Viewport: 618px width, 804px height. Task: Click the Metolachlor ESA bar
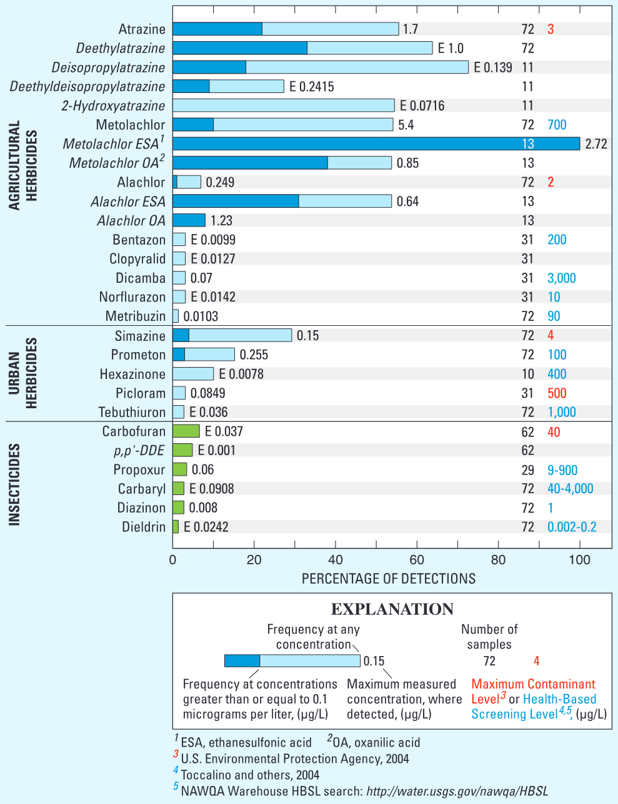[376, 144]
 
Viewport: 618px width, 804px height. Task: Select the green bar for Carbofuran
[186, 431]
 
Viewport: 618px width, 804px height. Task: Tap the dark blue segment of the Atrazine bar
[217, 29]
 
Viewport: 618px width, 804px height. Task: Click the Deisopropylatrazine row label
[108, 67]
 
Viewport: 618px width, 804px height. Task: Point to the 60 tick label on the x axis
[417, 560]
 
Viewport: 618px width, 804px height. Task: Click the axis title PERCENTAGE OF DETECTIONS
[389, 579]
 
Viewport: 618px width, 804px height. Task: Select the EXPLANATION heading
[392, 609]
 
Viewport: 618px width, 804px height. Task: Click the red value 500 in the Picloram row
[557, 393]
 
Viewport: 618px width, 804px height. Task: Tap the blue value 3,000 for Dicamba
[562, 278]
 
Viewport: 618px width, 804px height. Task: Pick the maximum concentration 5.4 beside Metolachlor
[406, 125]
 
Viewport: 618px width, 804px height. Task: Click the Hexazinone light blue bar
[193, 374]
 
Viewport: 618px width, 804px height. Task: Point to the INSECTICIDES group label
[14, 484]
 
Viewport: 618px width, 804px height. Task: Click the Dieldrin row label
[144, 527]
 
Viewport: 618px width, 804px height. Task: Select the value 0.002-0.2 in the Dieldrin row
[572, 527]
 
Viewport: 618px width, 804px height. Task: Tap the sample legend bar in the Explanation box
[292, 661]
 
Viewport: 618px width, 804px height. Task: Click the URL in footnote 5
[457, 791]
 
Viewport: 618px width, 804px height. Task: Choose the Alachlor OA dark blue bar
[189, 220]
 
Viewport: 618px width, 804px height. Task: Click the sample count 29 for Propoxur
[527, 470]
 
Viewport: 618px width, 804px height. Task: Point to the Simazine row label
[140, 336]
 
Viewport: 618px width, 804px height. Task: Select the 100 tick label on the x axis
[580, 560]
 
